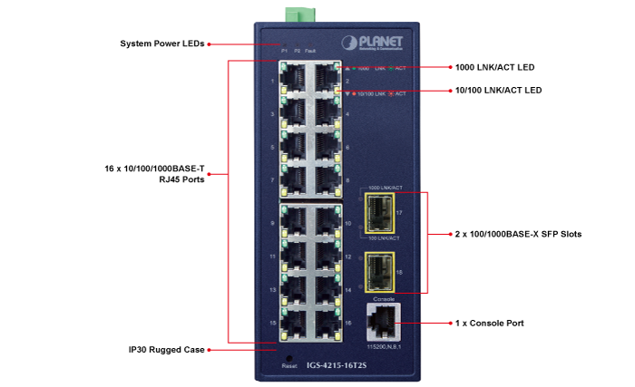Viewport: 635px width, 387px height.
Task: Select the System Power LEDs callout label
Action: (162, 43)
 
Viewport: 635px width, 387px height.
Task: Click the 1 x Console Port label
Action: (488, 323)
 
